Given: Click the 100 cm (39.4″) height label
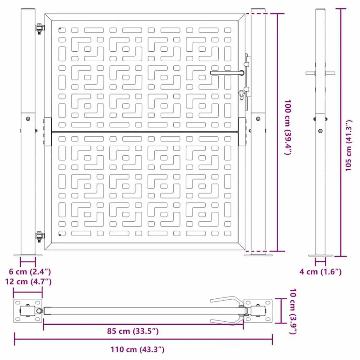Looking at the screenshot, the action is tap(288, 127).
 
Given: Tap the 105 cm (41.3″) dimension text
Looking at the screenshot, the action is tap(348, 145).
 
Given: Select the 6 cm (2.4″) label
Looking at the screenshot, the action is tap(30, 272).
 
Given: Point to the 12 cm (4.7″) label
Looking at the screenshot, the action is tap(28, 282).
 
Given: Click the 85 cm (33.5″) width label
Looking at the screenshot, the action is tap(133, 331).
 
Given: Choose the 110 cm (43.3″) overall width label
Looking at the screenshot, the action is tap(137, 350).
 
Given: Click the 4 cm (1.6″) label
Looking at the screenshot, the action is tap(320, 272).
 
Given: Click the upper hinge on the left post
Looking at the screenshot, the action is tap(40, 28).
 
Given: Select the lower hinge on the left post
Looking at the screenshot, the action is tap(40, 237).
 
